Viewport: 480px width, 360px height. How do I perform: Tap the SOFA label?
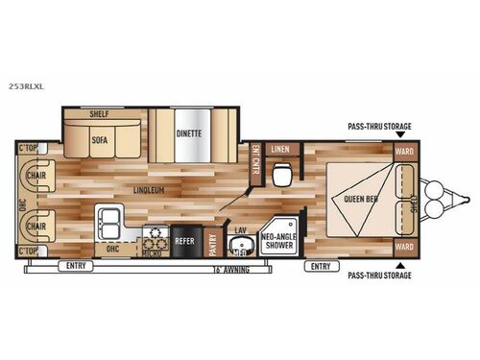[100, 138]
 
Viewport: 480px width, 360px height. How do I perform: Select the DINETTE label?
[190, 133]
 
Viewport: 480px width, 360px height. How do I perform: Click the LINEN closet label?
[280, 149]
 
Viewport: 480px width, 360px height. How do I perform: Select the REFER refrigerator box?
[185, 241]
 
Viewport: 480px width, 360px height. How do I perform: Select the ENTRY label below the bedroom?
[322, 265]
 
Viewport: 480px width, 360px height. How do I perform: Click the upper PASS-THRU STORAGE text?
[379, 124]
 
